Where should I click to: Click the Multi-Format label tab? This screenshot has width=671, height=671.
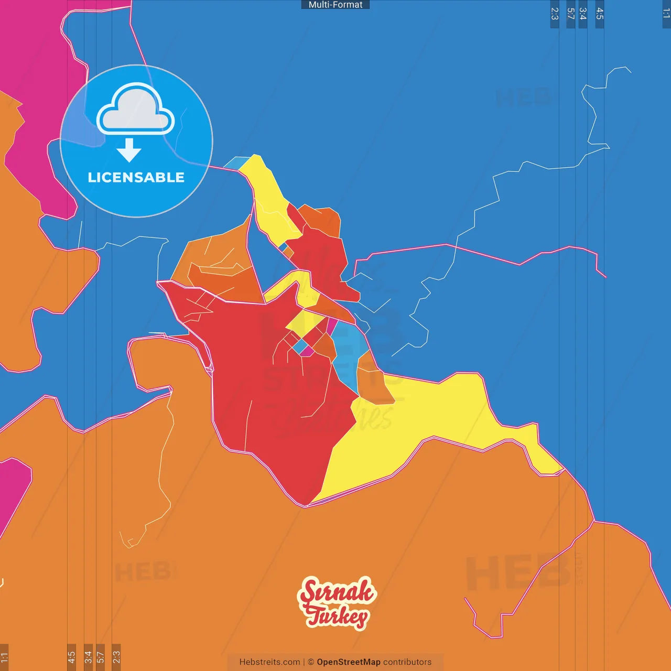[x=335, y=5]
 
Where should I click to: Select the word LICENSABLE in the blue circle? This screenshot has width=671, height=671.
[x=136, y=178]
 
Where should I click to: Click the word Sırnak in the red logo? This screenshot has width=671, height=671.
[x=337, y=592]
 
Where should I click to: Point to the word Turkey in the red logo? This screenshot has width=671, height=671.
[x=338, y=616]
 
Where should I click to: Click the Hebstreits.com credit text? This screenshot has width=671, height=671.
[x=269, y=662]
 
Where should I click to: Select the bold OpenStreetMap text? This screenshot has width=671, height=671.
[x=349, y=662]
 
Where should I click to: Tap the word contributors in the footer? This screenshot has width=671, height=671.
[x=407, y=662]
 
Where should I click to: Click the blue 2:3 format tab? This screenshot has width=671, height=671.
[x=555, y=14]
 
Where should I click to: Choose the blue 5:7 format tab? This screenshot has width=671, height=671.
[x=571, y=14]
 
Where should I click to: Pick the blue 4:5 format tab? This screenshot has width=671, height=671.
[x=600, y=14]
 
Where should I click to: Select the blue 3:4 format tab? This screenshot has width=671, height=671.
[x=582, y=14]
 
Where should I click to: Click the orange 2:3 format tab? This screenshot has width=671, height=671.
[x=116, y=657]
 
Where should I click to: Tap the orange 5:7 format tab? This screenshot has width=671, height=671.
[x=100, y=657]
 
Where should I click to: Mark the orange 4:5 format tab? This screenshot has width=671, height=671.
[x=71, y=657]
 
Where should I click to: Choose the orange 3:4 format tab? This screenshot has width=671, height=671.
[x=88, y=657]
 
